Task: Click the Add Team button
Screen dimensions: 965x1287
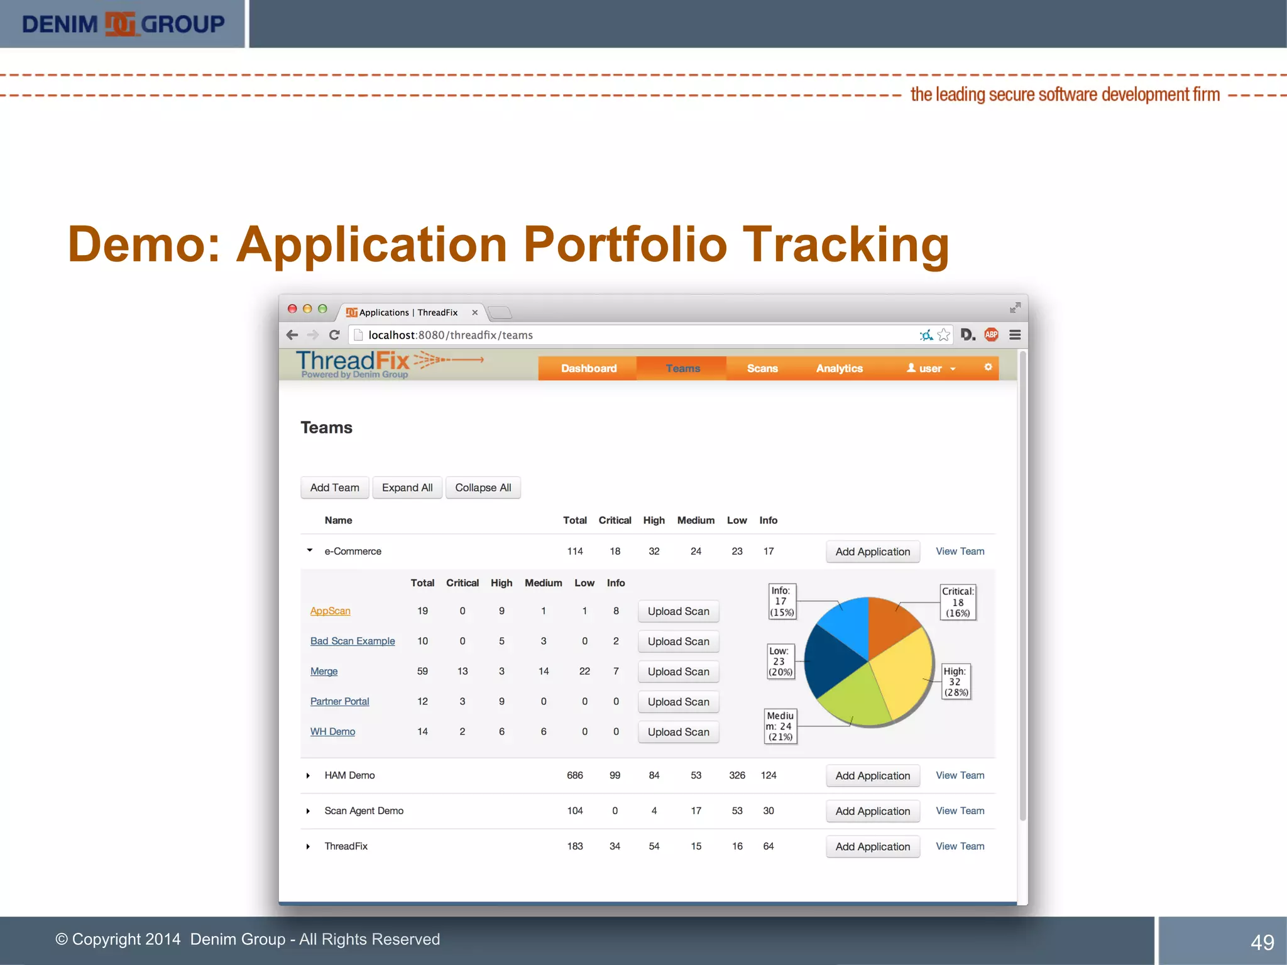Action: coord(334,488)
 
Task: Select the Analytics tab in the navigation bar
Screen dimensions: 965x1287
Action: coord(839,368)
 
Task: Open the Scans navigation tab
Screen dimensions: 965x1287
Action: coord(762,368)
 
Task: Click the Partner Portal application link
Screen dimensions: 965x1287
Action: coord(339,701)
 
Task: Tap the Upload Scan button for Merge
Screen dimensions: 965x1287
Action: coord(678,672)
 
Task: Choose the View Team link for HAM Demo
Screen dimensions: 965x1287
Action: coord(960,775)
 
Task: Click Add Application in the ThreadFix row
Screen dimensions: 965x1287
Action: coord(872,846)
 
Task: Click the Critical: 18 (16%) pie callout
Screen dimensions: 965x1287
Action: coord(958,602)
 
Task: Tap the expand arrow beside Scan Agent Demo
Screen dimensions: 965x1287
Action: coord(308,811)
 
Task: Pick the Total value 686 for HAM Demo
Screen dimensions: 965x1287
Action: coord(574,775)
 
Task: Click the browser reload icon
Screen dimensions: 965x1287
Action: coord(334,335)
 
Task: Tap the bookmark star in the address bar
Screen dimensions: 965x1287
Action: coord(943,335)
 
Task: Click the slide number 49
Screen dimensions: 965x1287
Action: coord(1262,942)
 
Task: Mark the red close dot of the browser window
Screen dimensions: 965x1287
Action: coord(292,309)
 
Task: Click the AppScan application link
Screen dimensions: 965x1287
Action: coord(330,611)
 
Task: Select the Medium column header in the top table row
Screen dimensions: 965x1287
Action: coord(696,520)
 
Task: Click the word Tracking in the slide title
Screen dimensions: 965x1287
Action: coord(846,245)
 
